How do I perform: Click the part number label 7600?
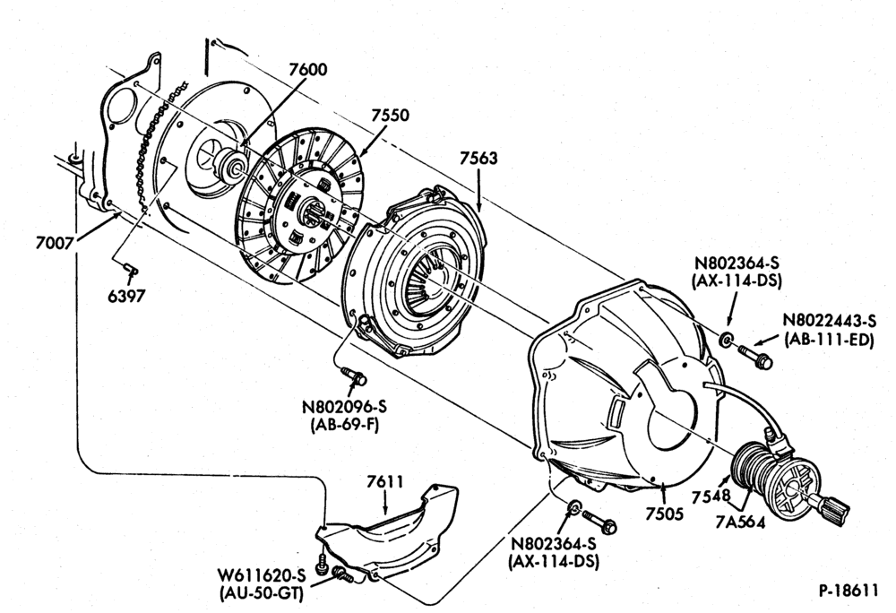tap(308, 70)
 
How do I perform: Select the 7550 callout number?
tap(391, 116)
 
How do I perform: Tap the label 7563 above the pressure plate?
tap(478, 159)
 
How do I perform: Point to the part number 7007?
tap(55, 244)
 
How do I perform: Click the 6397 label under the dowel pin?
tap(126, 296)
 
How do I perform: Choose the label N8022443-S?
tap(829, 321)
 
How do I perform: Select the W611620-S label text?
tap(261, 574)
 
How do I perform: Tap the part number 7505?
tap(665, 514)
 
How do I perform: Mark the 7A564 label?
tap(742, 522)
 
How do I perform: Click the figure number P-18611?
tap(848, 591)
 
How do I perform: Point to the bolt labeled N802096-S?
tap(354, 376)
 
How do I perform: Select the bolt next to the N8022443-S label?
tap(755, 357)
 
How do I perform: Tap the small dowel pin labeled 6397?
tap(131, 267)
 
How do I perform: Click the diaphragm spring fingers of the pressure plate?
tap(426, 279)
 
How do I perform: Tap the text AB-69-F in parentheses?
tap(345, 425)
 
